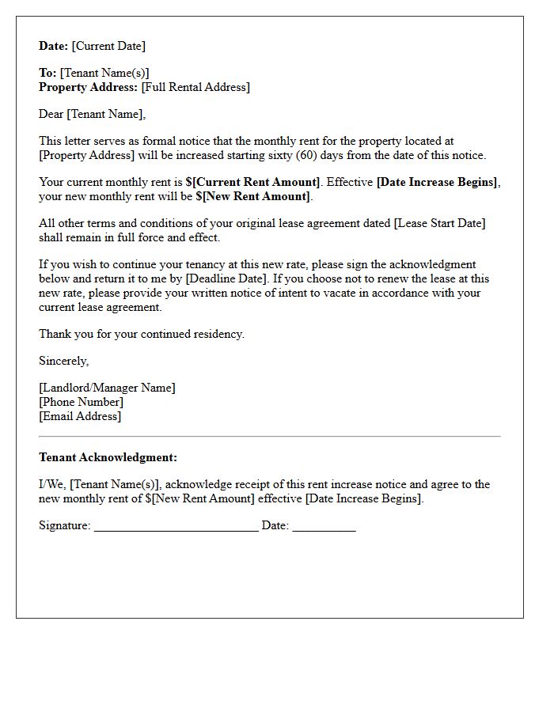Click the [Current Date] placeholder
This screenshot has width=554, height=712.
[x=108, y=47]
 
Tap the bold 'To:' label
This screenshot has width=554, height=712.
[x=48, y=74]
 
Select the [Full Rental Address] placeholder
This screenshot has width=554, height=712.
[x=195, y=88]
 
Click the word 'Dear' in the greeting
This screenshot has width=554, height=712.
[x=51, y=115]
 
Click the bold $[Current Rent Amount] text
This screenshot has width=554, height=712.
[x=253, y=183]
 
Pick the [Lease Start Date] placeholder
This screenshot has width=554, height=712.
[x=439, y=224]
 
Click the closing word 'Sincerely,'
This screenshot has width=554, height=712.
[x=64, y=362]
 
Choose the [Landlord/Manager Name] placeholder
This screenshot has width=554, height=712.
[x=107, y=388]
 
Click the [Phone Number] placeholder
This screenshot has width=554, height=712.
[x=81, y=403]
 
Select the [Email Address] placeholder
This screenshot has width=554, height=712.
[x=80, y=417]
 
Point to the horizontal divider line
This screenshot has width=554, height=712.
[x=269, y=436]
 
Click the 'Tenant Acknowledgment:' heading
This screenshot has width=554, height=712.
[x=108, y=458]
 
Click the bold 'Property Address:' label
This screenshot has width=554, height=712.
[x=89, y=88]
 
